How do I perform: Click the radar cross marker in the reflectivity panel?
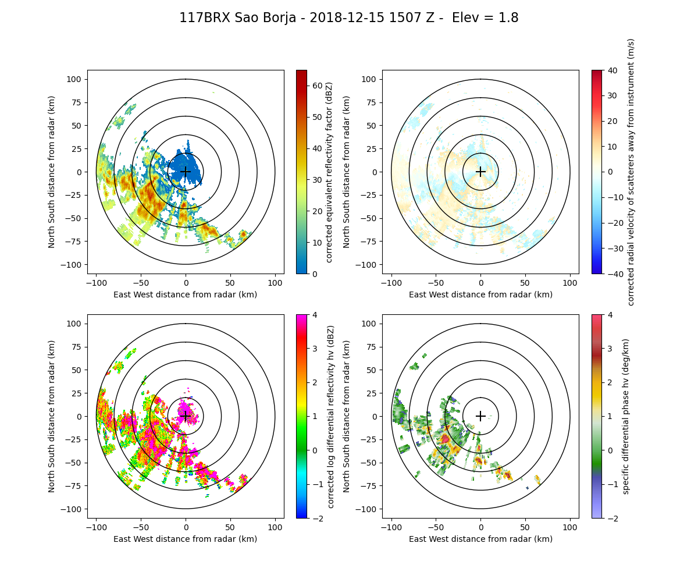[x=186, y=172]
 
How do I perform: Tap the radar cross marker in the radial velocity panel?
[x=480, y=172]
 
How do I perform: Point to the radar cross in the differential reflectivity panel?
[x=186, y=416]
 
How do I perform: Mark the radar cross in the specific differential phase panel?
[x=480, y=416]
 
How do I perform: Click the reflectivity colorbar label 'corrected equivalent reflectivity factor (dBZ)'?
[x=329, y=172]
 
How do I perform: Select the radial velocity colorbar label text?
[x=631, y=172]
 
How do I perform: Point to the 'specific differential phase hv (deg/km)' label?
[x=626, y=416]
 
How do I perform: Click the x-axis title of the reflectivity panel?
[x=186, y=294]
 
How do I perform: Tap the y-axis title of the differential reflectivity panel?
[x=52, y=416]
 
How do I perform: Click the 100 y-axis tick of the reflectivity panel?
[x=75, y=79]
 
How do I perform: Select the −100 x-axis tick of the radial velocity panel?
[x=391, y=282]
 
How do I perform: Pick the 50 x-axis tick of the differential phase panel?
[x=525, y=527]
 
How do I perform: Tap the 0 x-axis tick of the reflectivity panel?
[x=186, y=282]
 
